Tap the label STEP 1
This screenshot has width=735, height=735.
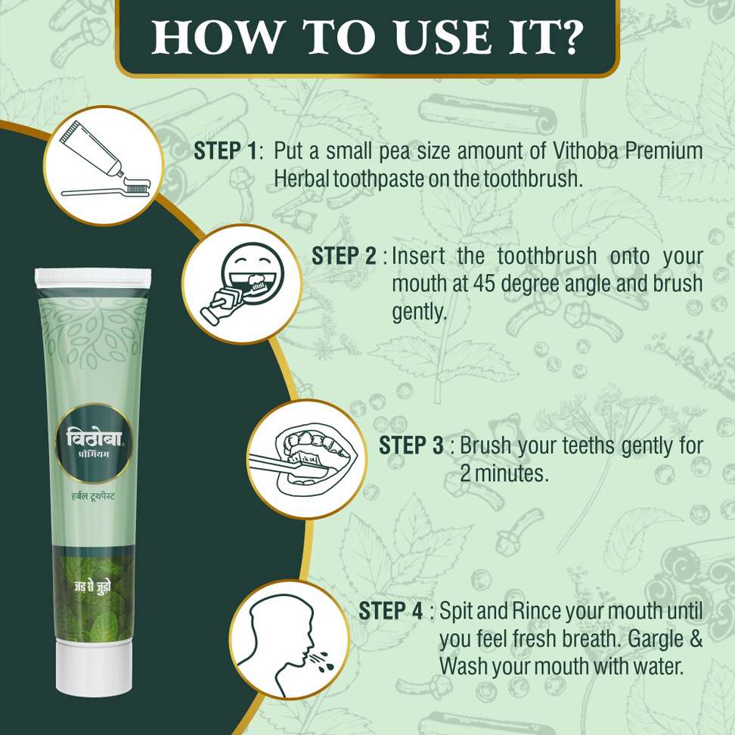(225, 151)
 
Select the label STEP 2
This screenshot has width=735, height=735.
(343, 256)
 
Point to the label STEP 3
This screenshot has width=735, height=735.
(411, 445)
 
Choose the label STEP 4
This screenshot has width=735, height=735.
(390, 611)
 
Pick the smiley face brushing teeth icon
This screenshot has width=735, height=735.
(242, 284)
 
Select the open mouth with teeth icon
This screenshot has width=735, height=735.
(307, 460)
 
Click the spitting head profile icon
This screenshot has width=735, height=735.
(290, 640)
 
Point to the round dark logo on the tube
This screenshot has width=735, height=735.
(94, 443)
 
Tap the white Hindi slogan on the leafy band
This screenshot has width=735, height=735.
(92, 587)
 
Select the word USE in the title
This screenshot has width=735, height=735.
(443, 37)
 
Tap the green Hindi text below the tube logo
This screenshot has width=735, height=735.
(93, 496)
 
